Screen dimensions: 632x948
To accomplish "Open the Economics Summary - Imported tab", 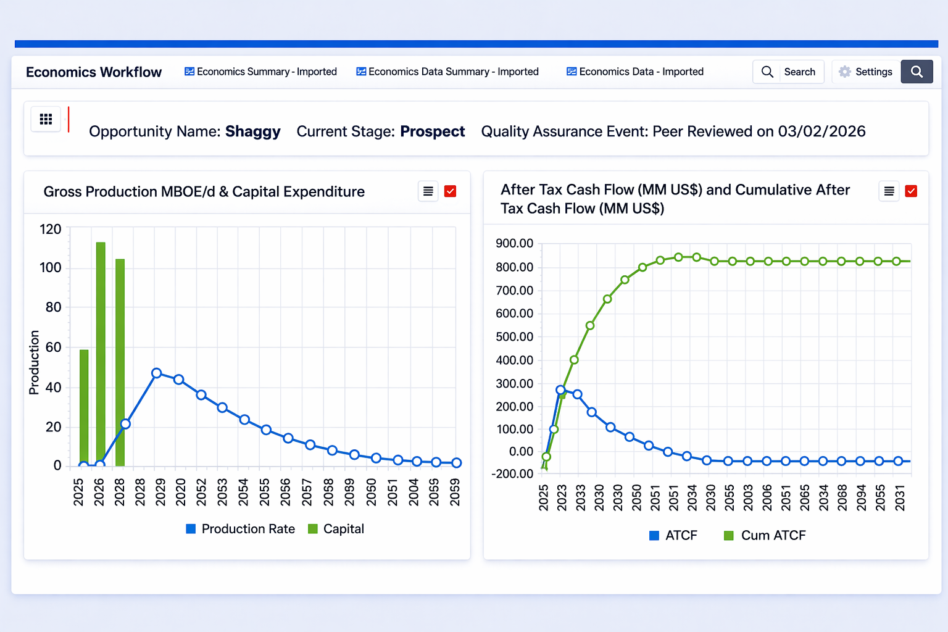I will pyautogui.click(x=260, y=72).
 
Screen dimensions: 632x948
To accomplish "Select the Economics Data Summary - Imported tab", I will pyautogui.click(x=447, y=72).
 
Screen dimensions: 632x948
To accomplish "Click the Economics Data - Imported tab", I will pyautogui.click(x=635, y=72).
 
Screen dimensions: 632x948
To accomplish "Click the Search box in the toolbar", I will pyautogui.click(x=788, y=72).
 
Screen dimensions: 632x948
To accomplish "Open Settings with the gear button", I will pyautogui.click(x=865, y=72).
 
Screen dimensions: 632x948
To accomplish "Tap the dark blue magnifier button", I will pyautogui.click(x=917, y=72).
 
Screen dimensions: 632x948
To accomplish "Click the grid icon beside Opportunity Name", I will pyautogui.click(x=46, y=119).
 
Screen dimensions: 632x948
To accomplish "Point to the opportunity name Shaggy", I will pyautogui.click(x=252, y=131).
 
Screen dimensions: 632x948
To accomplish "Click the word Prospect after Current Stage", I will pyautogui.click(x=432, y=131).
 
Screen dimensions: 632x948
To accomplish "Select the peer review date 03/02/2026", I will pyautogui.click(x=821, y=131).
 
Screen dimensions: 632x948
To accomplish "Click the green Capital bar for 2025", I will pyautogui.click(x=84, y=407).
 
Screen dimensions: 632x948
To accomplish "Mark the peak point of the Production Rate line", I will pyautogui.click(x=157, y=373).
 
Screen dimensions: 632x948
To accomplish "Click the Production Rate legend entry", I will pyautogui.click(x=241, y=529).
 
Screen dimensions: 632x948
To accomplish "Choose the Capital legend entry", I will pyautogui.click(x=336, y=529).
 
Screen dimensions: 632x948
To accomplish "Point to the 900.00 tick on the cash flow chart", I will pyautogui.click(x=514, y=243).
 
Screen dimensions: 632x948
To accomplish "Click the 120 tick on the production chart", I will pyautogui.click(x=51, y=230).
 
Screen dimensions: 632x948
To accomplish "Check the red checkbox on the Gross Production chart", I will pyautogui.click(x=451, y=191).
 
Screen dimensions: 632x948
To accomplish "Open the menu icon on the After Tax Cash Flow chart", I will pyautogui.click(x=889, y=191).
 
